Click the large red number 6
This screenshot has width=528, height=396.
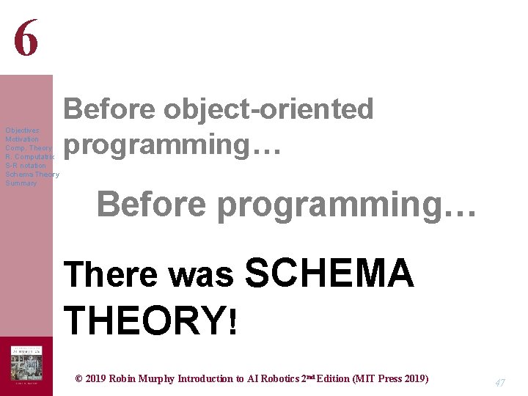click(x=26, y=38)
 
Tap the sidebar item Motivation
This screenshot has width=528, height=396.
click(x=22, y=139)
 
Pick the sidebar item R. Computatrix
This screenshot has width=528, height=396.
click(x=29, y=157)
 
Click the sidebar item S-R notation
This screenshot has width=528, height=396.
click(x=26, y=166)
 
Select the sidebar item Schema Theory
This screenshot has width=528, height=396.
click(x=32, y=175)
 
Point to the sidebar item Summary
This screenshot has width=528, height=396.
click(x=21, y=183)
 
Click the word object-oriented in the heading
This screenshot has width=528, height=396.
click(x=268, y=110)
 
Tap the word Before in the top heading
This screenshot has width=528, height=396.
click(x=109, y=110)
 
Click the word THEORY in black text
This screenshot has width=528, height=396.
click(x=145, y=320)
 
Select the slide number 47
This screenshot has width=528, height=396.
click(x=500, y=382)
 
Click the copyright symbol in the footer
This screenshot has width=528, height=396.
click(x=79, y=379)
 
